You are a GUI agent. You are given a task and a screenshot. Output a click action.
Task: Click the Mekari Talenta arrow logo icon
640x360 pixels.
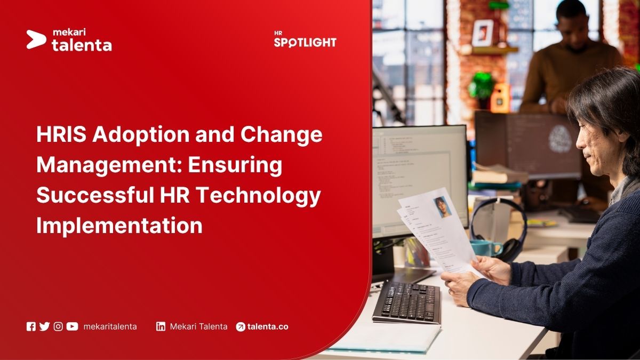pyautogui.click(x=36, y=39)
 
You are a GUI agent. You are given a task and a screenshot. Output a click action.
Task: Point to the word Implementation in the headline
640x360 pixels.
pyautogui.click(x=119, y=226)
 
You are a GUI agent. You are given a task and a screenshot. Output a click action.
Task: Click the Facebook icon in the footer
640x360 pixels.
pyautogui.click(x=31, y=326)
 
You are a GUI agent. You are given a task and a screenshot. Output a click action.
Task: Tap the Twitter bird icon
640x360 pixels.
pyautogui.click(x=44, y=326)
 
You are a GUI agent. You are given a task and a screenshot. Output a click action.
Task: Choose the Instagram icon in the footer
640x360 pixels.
pyautogui.click(x=58, y=326)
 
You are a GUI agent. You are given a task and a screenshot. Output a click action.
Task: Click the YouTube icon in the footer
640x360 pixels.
pyautogui.click(x=72, y=326)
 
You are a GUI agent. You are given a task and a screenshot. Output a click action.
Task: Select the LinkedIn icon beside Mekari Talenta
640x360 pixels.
pyautogui.click(x=161, y=326)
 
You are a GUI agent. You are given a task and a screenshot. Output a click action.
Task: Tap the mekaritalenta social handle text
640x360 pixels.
pyautogui.click(x=110, y=326)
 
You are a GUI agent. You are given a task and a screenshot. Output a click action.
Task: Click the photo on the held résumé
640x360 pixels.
pyautogui.click(x=442, y=206)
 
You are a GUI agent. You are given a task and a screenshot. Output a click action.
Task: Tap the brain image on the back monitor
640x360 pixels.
pyautogui.click(x=559, y=140)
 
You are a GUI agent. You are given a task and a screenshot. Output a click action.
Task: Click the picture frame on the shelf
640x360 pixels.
pyautogui.click(x=483, y=33)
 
